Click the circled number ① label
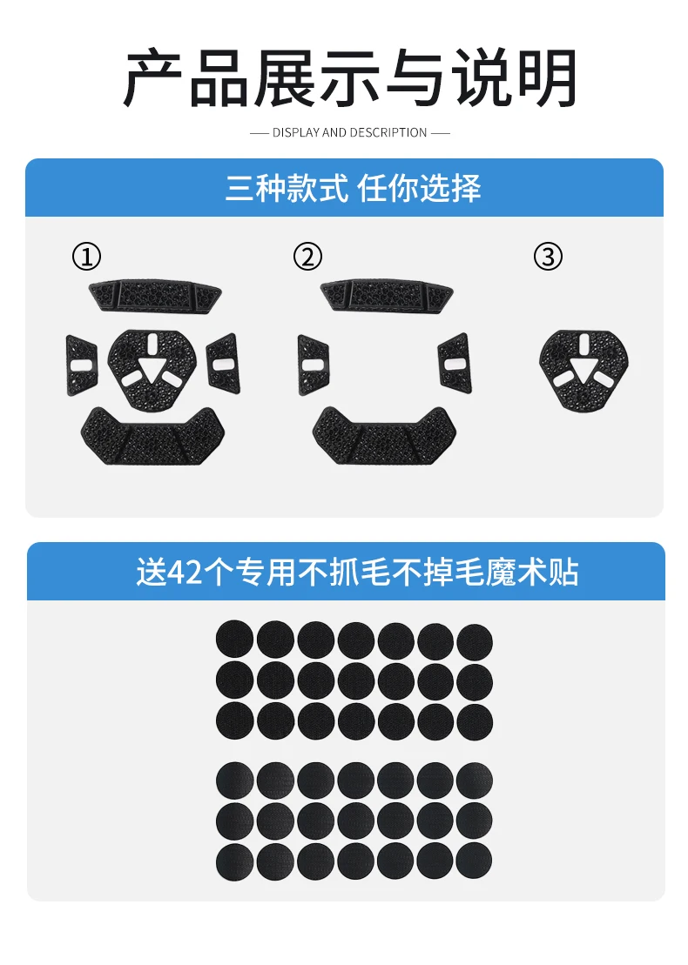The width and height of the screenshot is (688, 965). click(x=87, y=257)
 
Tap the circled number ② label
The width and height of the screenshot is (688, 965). click(x=307, y=257)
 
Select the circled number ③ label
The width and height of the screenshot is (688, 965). click(x=548, y=257)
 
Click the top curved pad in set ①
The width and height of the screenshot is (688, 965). click(x=155, y=296)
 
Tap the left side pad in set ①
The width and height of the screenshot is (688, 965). click(x=82, y=365)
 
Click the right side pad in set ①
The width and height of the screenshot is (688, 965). click(x=223, y=363)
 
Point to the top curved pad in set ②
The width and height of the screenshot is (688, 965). click(x=387, y=296)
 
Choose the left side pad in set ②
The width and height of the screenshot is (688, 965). click(x=314, y=365)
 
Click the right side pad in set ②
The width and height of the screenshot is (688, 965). click(x=455, y=363)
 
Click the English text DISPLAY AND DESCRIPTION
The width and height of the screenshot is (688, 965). click(x=349, y=132)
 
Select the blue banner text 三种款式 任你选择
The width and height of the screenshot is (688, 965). click(x=353, y=188)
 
